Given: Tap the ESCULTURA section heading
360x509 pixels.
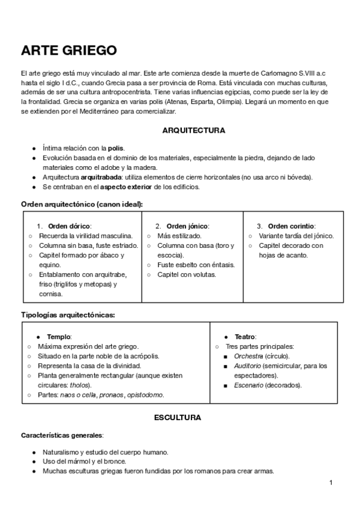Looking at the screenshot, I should (x=178, y=417).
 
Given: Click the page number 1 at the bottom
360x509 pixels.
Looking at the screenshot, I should (x=331, y=483).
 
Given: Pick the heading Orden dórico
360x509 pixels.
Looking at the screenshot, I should (x=69, y=226).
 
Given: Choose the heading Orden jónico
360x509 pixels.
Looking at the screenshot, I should (x=187, y=226).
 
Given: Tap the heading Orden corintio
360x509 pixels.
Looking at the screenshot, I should (x=291, y=226).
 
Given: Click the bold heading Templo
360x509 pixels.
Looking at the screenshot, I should (x=59, y=337).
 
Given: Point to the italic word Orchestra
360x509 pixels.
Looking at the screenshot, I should (x=248, y=356).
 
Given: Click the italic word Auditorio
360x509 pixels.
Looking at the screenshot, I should (x=248, y=366).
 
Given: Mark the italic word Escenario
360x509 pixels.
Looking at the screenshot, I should (x=248, y=385).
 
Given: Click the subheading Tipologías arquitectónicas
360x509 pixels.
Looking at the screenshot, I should (x=68, y=314).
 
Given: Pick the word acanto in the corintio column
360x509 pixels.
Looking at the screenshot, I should (x=296, y=255).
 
